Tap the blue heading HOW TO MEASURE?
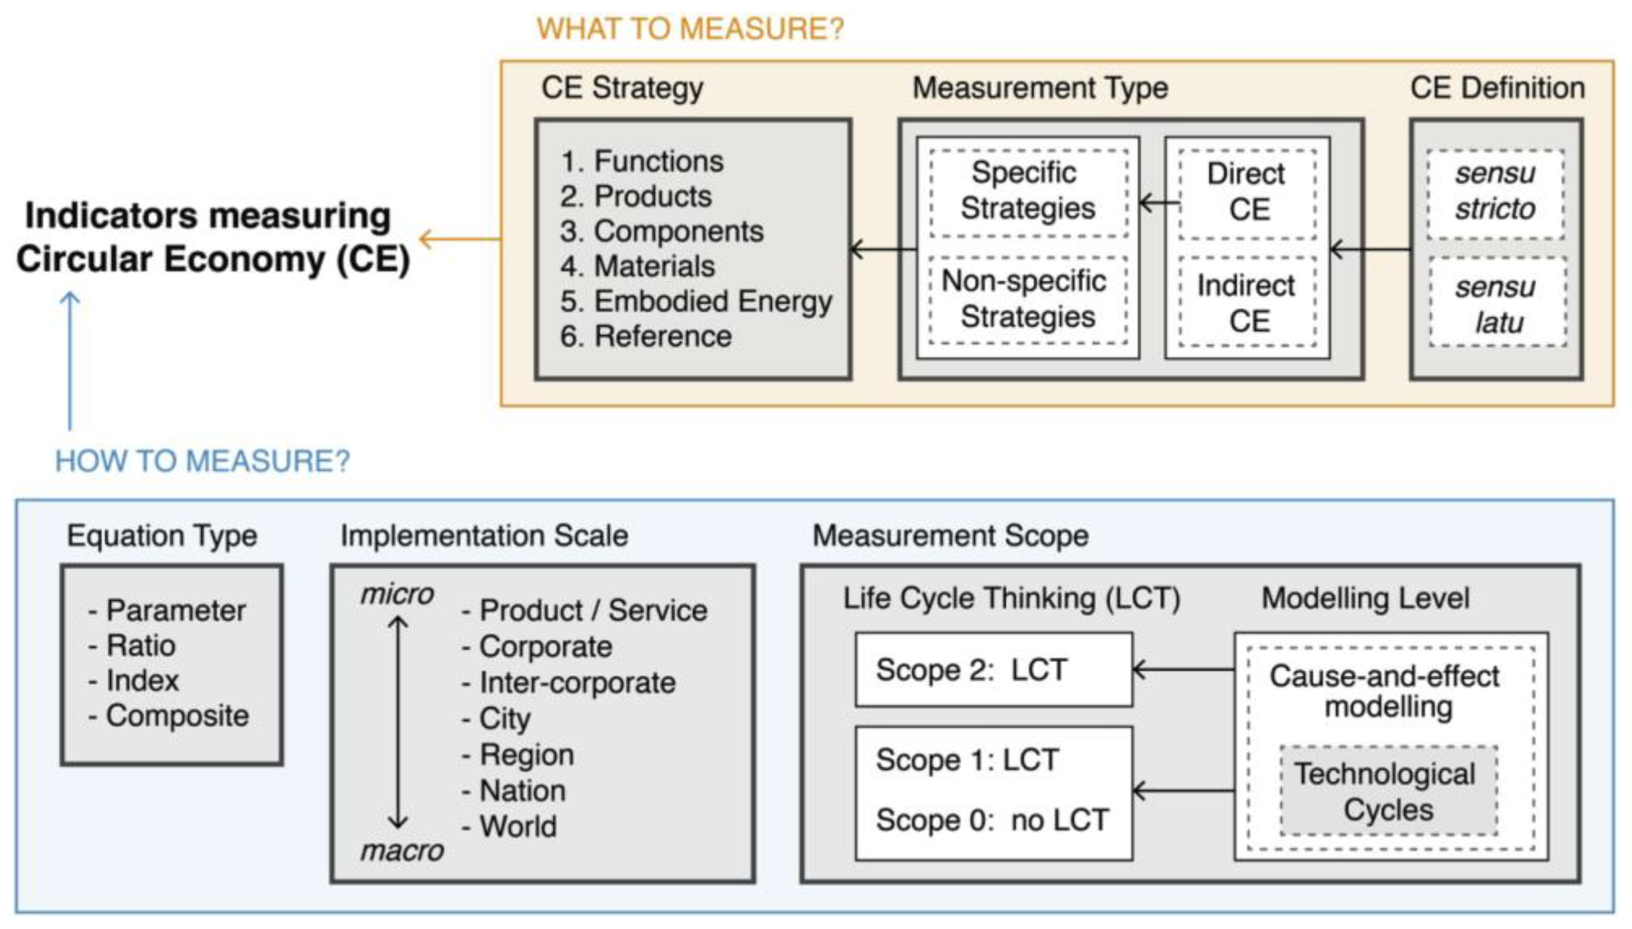coord(202,461)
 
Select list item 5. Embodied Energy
coord(695,301)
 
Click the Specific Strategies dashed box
coord(1028,191)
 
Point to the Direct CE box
coord(1248,192)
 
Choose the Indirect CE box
coord(1248,302)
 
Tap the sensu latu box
coord(1497,304)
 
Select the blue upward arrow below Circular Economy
coord(70,361)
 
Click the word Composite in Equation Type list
coord(177,715)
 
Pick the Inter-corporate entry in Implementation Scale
coord(577,683)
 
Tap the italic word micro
coord(397,595)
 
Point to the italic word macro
coord(402,851)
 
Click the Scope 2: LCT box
coord(993,670)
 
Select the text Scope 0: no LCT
coord(992,820)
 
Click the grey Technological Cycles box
coord(1388,791)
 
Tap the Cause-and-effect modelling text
coord(1384,691)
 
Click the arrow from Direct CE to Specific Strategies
coord(1159,203)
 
